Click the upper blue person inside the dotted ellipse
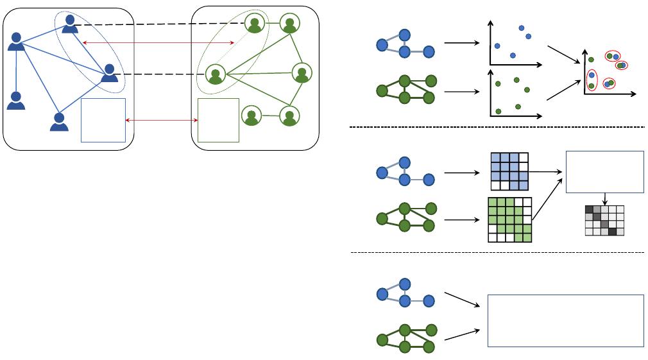[x=70, y=24]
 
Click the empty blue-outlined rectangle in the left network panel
[x=103, y=120]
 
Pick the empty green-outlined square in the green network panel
[x=218, y=120]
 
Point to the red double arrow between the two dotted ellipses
[x=158, y=43]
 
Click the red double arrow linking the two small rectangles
[x=161, y=120]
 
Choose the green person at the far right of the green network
[x=302, y=73]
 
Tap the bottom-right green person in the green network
[x=290, y=117]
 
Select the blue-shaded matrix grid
[x=509, y=171]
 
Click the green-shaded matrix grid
[x=510, y=219]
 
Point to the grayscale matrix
[x=604, y=220]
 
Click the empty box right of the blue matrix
[x=604, y=171]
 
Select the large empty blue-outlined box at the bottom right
[x=566, y=320]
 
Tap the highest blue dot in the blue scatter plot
[x=521, y=28]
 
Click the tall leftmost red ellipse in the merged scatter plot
[x=592, y=80]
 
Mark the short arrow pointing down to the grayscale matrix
[x=604, y=199]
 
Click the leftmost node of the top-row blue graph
[x=382, y=45]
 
